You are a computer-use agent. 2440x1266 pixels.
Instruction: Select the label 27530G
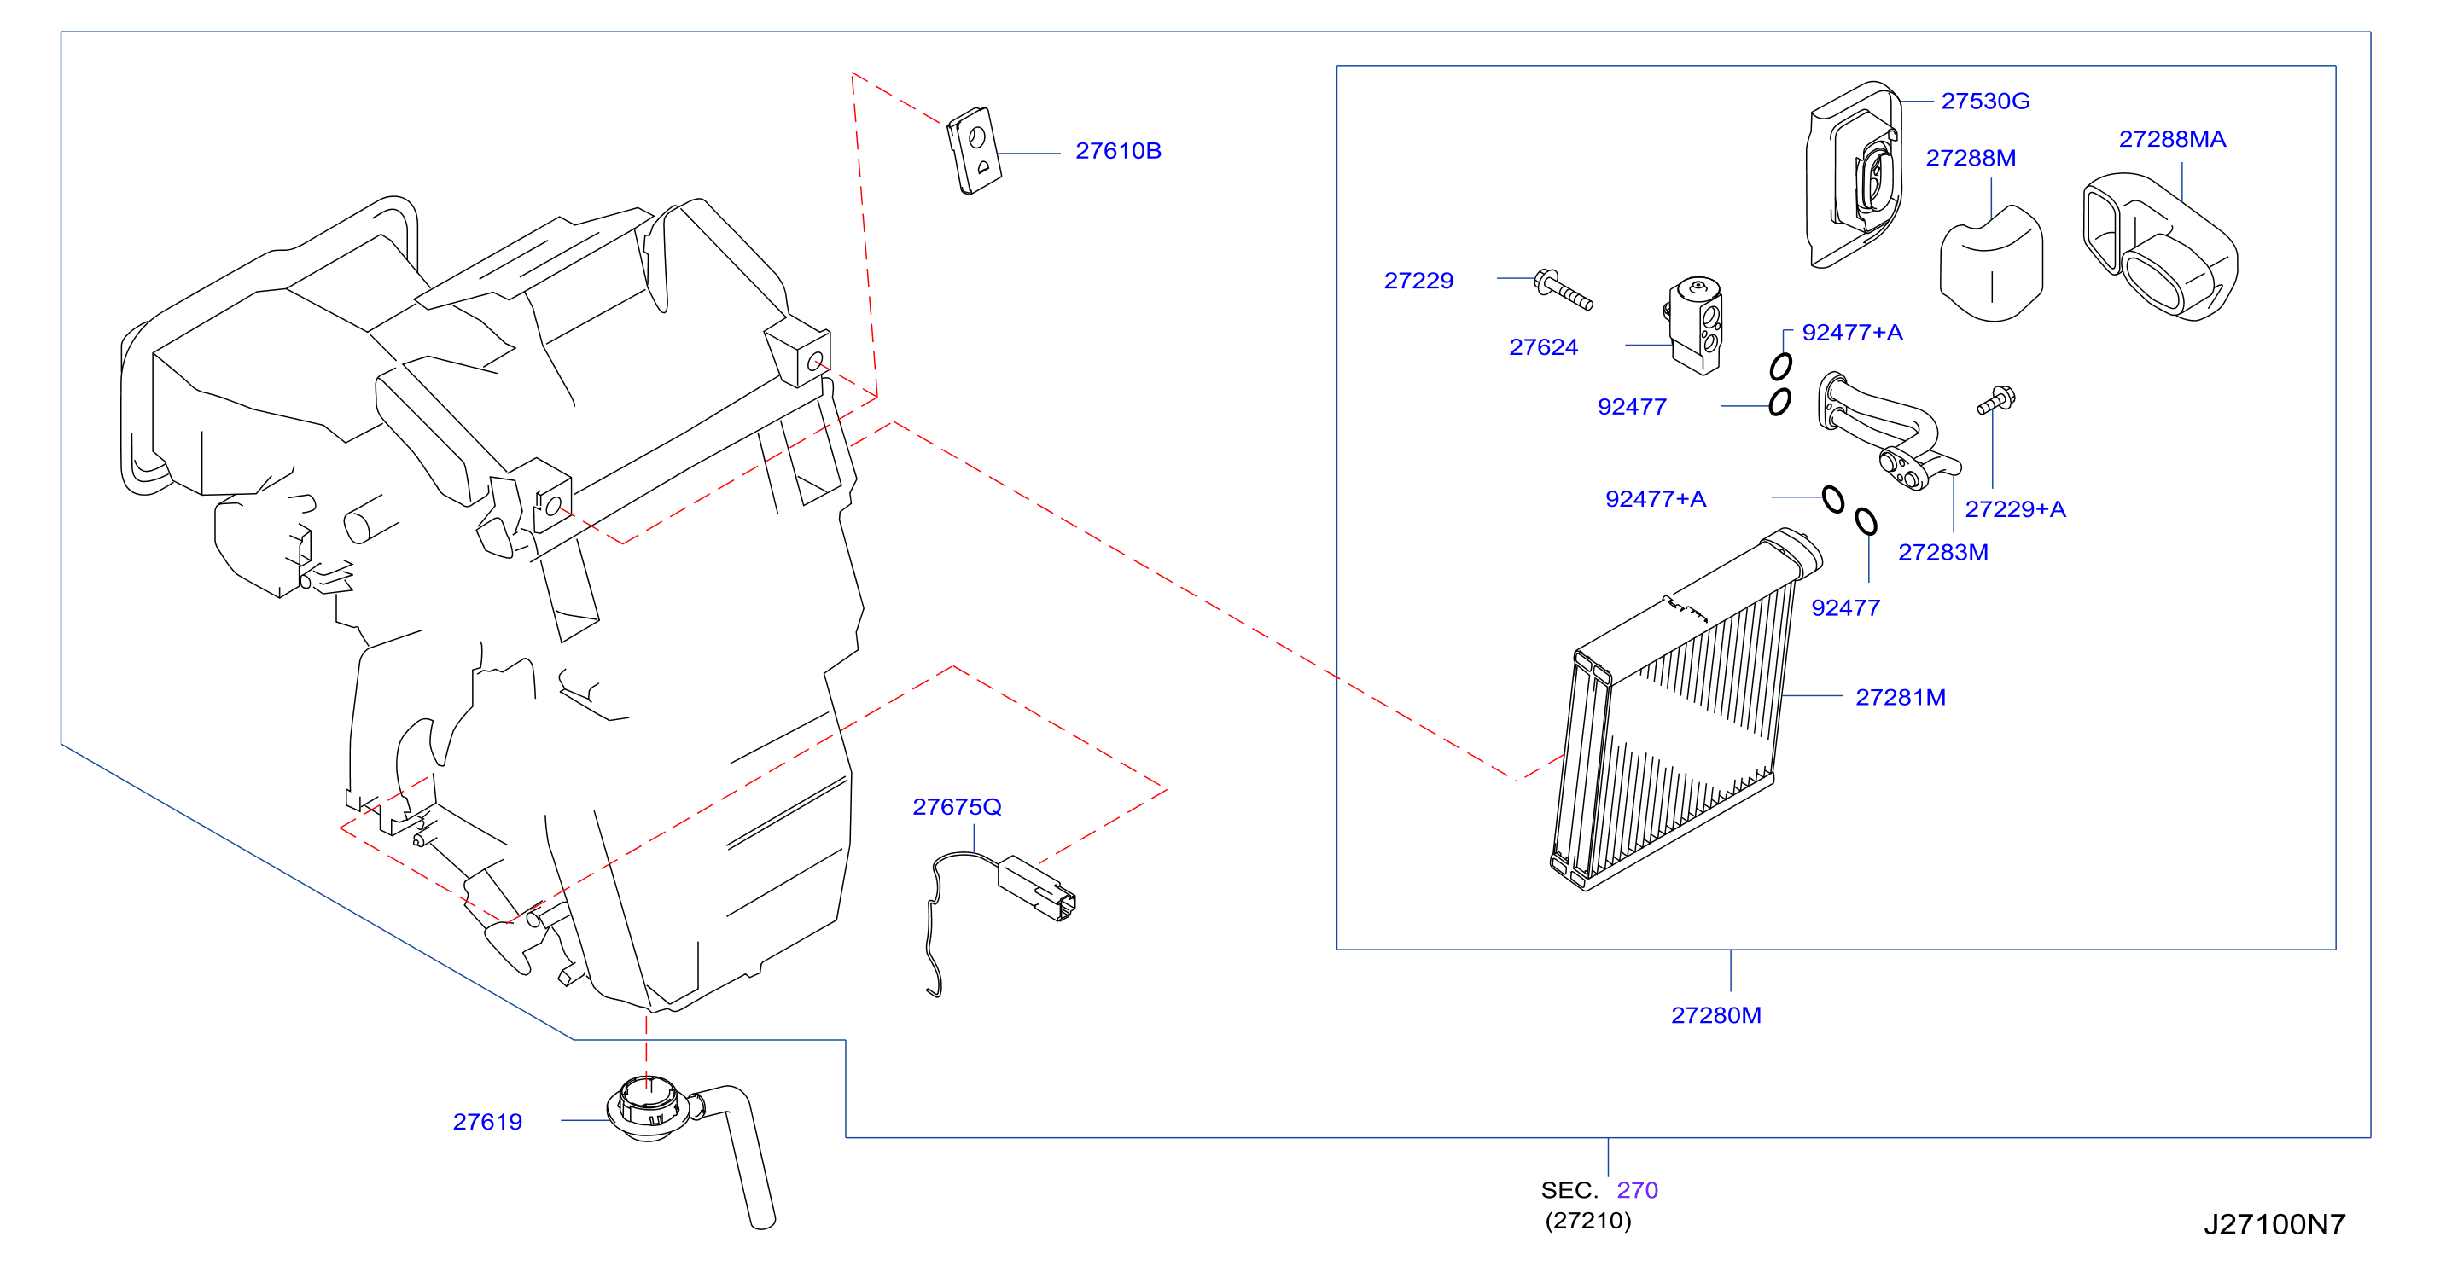tap(1985, 101)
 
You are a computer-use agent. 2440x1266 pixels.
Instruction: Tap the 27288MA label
tap(2172, 139)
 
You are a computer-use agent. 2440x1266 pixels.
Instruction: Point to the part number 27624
tap(1543, 346)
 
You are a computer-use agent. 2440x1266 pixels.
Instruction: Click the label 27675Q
tap(957, 807)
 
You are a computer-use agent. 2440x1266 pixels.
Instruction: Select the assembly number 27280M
tap(1715, 1015)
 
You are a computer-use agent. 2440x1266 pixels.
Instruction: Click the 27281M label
tap(1900, 697)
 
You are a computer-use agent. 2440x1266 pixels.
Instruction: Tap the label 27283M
tap(1942, 552)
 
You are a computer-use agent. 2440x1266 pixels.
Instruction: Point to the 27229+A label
tap(2015, 508)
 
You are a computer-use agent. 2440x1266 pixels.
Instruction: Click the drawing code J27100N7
tap(2274, 1223)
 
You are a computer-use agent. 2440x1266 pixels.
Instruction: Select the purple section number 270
tap(1637, 1189)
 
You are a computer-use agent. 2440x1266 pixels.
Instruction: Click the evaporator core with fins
tap(1686, 710)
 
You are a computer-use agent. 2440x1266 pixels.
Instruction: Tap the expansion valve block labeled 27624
tap(1695, 326)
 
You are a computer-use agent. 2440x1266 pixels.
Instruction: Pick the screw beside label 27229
tap(1564, 290)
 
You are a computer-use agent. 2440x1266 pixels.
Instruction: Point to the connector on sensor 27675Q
tap(1036, 888)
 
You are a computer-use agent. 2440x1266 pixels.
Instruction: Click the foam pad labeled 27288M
tap(1991, 264)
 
